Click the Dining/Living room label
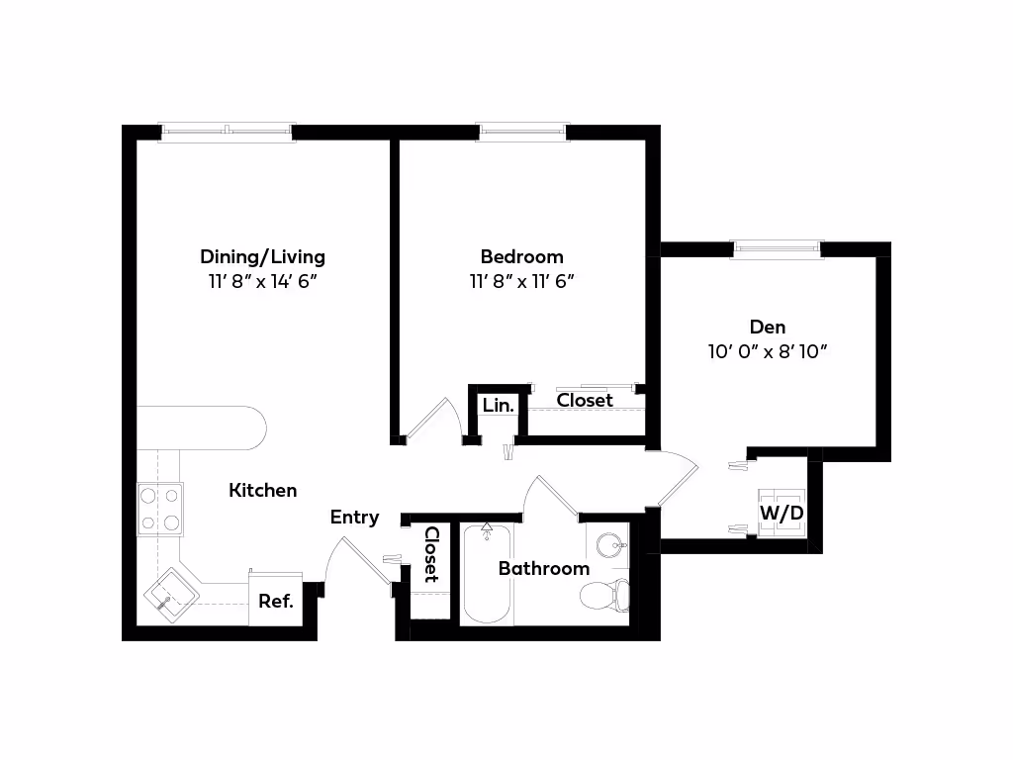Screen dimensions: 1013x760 coord(262,257)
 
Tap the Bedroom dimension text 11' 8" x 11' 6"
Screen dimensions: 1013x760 coord(522,282)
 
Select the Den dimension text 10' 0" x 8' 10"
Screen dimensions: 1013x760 coord(768,351)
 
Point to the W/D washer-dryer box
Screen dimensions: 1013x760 coord(782,514)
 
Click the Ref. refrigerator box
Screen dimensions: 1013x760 coord(276,599)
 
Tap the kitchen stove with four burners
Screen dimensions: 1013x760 coord(160,510)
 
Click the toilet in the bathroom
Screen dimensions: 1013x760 coord(604,595)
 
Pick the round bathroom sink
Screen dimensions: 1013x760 coord(609,545)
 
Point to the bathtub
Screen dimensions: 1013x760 coord(487,574)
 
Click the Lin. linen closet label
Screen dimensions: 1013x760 coord(499,405)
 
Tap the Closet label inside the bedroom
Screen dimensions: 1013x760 coord(585,401)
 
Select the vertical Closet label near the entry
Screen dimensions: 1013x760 coord(431,554)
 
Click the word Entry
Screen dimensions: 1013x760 coord(355,517)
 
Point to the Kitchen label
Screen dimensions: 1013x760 coord(263,491)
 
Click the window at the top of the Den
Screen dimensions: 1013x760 coord(776,248)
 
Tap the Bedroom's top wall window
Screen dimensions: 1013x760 coord(522,132)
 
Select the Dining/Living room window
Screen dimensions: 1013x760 coord(227,132)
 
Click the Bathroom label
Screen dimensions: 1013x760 coord(544,569)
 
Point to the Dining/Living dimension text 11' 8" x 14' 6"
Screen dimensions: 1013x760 coord(262,282)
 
